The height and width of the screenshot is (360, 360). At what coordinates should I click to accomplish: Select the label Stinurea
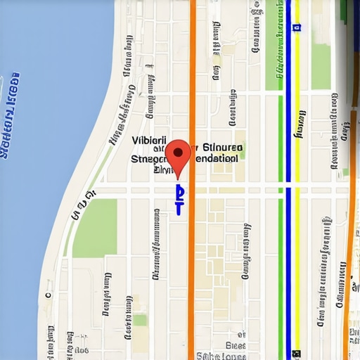[222, 148]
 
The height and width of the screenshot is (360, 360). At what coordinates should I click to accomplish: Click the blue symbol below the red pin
[179, 200]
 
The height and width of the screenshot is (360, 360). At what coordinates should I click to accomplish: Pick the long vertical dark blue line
[288, 176]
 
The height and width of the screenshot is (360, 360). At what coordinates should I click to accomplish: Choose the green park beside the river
[95, 228]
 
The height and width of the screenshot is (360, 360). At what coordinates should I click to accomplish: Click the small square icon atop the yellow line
[297, 27]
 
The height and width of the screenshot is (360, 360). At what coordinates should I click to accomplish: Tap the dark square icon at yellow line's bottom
[297, 354]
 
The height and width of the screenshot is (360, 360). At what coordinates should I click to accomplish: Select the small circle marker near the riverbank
[48, 296]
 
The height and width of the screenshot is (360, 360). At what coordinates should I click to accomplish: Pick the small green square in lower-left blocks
[141, 321]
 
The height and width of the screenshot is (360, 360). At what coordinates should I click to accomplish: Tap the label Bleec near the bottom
[236, 345]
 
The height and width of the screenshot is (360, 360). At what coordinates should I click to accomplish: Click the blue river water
[42, 176]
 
